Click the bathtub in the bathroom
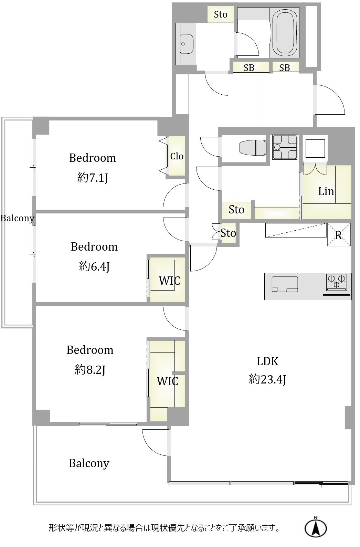(x=284, y=33)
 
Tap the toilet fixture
(x=253, y=148)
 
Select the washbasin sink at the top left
(x=187, y=44)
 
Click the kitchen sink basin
(x=285, y=284)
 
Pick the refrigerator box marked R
(x=339, y=234)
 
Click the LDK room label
(x=267, y=361)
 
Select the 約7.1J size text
(x=93, y=178)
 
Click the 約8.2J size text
(x=90, y=370)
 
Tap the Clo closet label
(x=177, y=156)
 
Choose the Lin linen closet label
(x=326, y=191)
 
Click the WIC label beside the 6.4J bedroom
(x=169, y=281)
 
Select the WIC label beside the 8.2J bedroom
(x=167, y=381)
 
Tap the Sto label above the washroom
(x=220, y=15)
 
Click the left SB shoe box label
(x=249, y=67)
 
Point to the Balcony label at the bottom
(x=89, y=463)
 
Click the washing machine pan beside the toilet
(x=285, y=147)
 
